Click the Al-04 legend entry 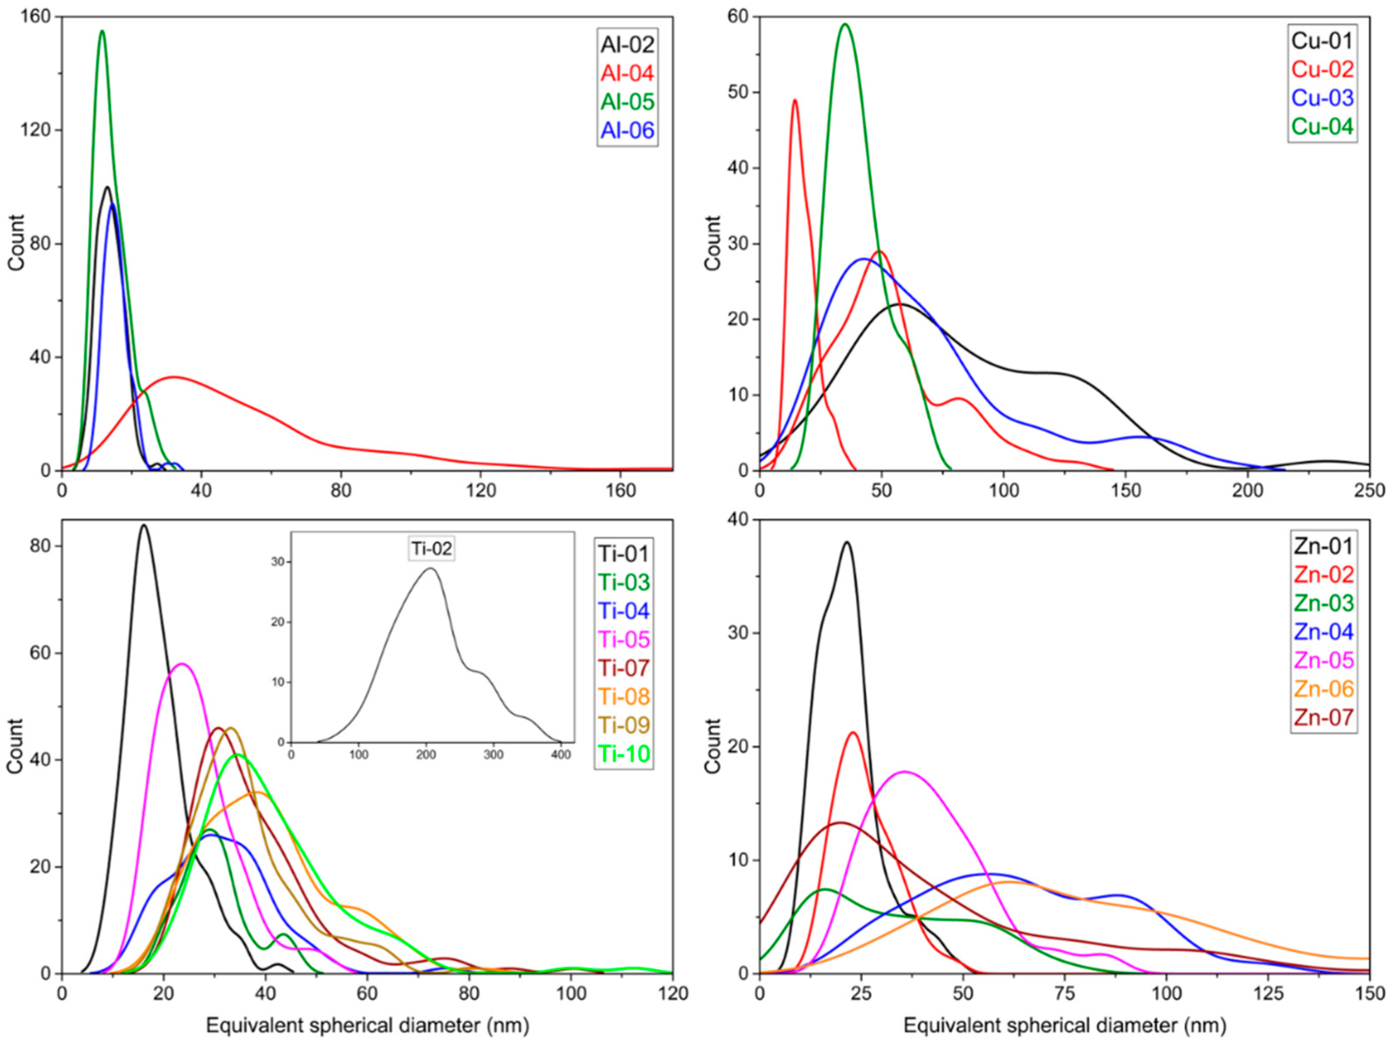627,73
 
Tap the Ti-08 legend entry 624,696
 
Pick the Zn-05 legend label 1323,660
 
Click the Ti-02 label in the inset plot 432,549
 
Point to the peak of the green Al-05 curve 102,31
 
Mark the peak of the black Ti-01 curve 144,525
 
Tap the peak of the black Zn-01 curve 847,542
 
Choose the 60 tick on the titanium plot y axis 41,653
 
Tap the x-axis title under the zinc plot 1064,1025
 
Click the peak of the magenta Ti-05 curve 182,664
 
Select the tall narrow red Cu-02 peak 795,100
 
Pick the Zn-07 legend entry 1323,718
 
